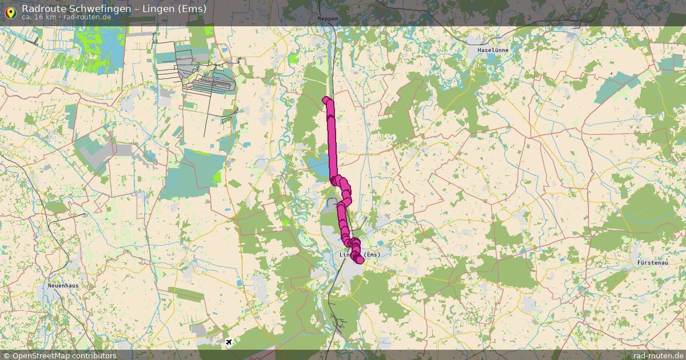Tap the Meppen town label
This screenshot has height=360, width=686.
tap(328, 19)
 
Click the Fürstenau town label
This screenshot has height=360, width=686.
tap(652, 263)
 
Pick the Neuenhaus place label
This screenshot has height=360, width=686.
tap(63, 285)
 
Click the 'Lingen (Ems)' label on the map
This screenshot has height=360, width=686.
tap(360, 254)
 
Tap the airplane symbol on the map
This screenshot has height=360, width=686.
tap(229, 342)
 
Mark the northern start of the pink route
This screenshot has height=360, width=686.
tap(326, 101)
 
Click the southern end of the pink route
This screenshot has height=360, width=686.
tap(360, 260)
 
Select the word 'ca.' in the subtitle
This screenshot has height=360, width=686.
tap(27, 17)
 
